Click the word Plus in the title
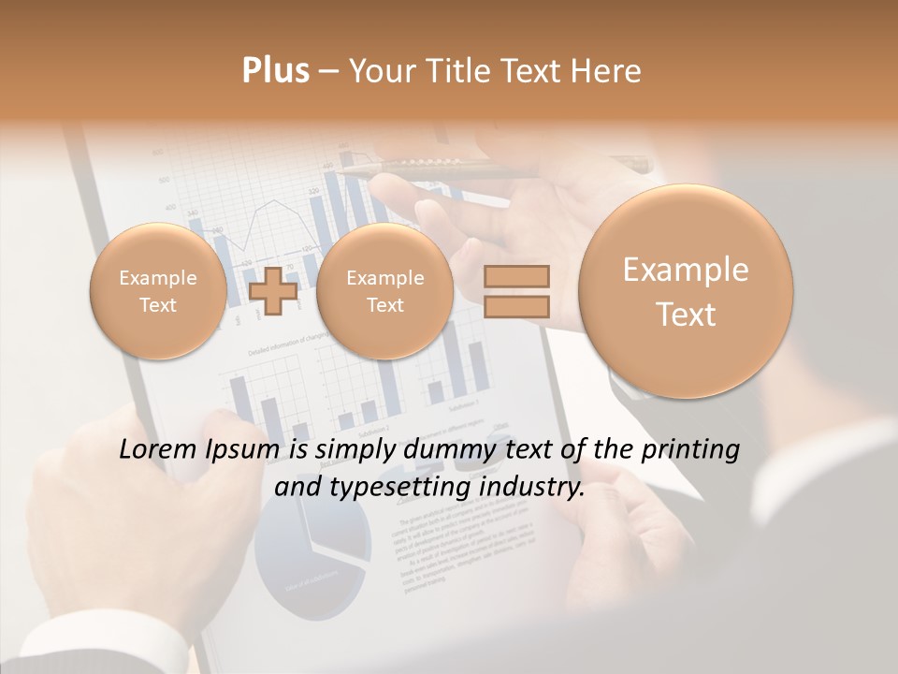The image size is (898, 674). [275, 71]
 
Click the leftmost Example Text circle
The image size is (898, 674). [158, 291]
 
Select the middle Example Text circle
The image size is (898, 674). [384, 291]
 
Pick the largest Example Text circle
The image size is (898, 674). [686, 291]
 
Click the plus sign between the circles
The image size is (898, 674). [273, 291]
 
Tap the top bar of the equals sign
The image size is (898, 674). [515, 276]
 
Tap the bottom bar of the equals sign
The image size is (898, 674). [515, 306]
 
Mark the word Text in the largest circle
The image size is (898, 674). [686, 315]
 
